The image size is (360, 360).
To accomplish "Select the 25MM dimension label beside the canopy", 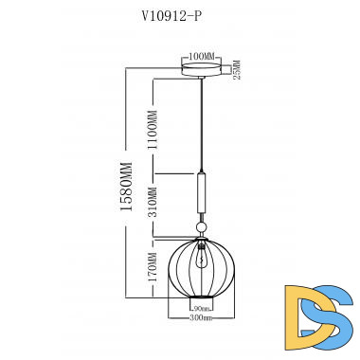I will pos(237,70).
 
